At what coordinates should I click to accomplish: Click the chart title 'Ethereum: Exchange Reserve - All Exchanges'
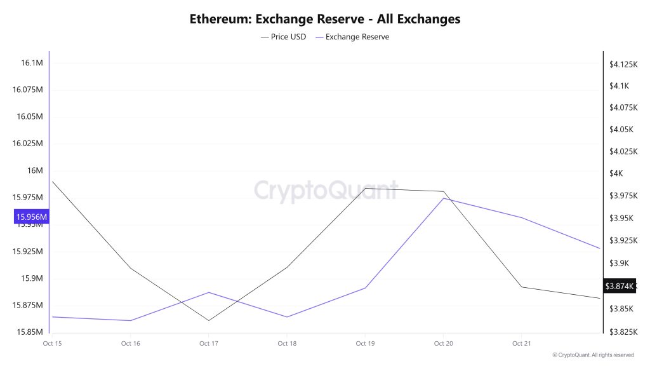click(x=325, y=18)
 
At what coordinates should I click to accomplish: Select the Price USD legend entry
click(x=284, y=37)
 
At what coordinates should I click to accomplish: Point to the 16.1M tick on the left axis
click(x=32, y=63)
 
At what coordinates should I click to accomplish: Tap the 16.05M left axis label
click(x=30, y=117)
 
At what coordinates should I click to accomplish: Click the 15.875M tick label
click(x=28, y=306)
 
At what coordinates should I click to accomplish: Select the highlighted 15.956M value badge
click(x=31, y=217)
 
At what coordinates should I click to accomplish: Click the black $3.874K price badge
click(x=619, y=287)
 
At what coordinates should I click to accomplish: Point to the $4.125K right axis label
click(x=623, y=64)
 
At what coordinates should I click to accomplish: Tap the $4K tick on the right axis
click(x=616, y=173)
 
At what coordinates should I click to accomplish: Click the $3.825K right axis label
click(x=623, y=332)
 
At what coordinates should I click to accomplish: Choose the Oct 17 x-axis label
click(x=208, y=344)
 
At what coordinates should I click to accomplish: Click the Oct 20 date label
click(x=443, y=344)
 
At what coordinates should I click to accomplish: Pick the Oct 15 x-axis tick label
click(x=52, y=344)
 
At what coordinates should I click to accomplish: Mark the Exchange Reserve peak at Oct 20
click(x=443, y=198)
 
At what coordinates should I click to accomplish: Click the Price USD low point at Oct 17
click(x=208, y=320)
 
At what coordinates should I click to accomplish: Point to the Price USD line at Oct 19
click(x=365, y=189)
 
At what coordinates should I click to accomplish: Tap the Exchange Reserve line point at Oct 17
click(x=208, y=292)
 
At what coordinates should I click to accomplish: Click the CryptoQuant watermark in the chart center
click(x=325, y=190)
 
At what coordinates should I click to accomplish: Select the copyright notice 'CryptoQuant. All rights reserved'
click(x=593, y=355)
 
